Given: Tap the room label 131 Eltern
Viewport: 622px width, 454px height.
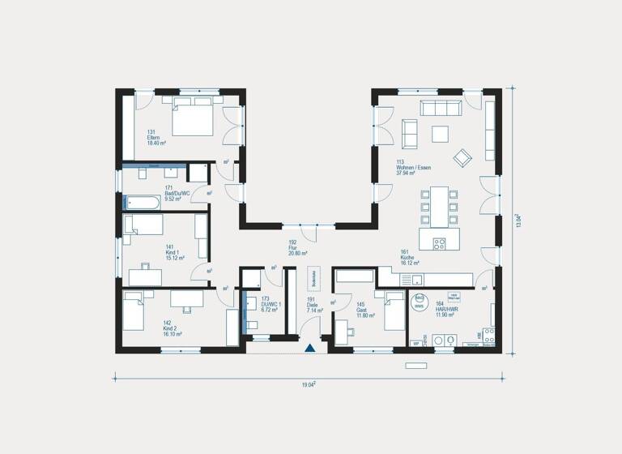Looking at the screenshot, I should [x=155, y=137].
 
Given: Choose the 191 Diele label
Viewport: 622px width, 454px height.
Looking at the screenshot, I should [x=313, y=304].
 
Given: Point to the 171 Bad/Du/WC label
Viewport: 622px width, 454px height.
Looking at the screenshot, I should [x=177, y=194].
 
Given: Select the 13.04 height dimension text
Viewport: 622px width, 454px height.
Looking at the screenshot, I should [x=518, y=220].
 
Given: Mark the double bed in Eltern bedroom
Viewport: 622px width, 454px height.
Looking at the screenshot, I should [x=191, y=118].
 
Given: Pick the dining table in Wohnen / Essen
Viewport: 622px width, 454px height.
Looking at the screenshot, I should [x=438, y=208].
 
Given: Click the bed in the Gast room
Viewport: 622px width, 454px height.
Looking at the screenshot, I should [x=394, y=311].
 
